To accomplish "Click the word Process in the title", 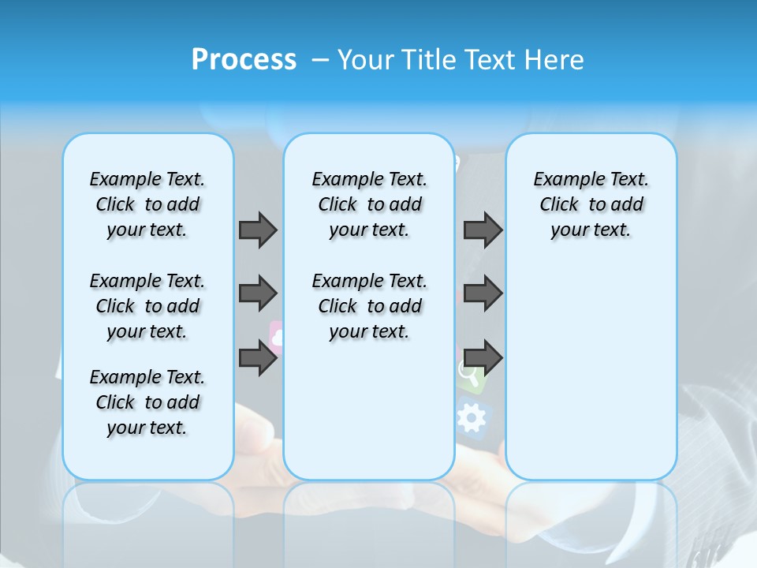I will (244, 59).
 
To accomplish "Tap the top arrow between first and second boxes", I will (258, 230).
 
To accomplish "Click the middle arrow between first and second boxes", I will (258, 293).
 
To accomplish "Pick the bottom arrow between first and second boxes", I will (258, 357).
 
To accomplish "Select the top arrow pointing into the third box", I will (483, 230).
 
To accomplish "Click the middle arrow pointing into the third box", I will (483, 293).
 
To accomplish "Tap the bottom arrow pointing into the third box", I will (483, 357).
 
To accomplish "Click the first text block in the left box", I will (147, 204).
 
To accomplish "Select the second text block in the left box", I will (147, 306).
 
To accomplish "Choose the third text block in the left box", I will (147, 402).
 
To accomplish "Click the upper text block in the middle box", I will (369, 204).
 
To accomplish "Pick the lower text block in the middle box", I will (369, 306).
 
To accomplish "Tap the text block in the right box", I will (591, 204).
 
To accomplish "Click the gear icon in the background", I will (472, 418).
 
